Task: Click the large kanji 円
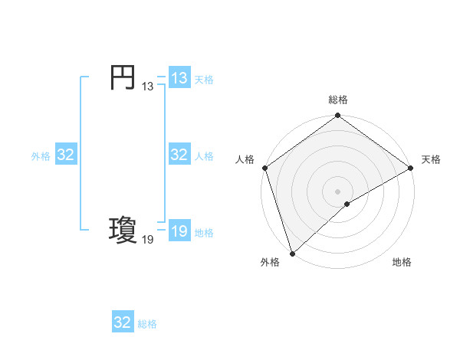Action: (x=123, y=77)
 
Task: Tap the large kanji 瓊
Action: (x=123, y=231)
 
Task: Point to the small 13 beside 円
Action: (x=147, y=87)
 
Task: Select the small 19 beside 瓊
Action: (x=147, y=240)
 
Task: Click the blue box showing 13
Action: (x=179, y=78)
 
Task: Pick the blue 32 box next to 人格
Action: (x=179, y=155)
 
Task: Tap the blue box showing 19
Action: (x=179, y=231)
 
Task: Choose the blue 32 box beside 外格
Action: (x=66, y=155)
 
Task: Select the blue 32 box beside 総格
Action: (x=123, y=322)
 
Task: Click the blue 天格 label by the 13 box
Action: (x=204, y=80)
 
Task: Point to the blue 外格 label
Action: (x=41, y=156)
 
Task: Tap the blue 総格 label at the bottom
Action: (x=147, y=324)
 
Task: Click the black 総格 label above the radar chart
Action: (x=338, y=100)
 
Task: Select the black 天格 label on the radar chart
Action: (x=431, y=159)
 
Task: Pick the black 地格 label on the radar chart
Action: (x=402, y=263)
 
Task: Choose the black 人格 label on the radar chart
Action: (x=245, y=159)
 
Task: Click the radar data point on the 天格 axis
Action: (x=410, y=168)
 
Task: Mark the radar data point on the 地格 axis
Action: (x=347, y=204)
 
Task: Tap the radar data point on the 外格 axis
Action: (x=291, y=253)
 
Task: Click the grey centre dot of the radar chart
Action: (x=337, y=191)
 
